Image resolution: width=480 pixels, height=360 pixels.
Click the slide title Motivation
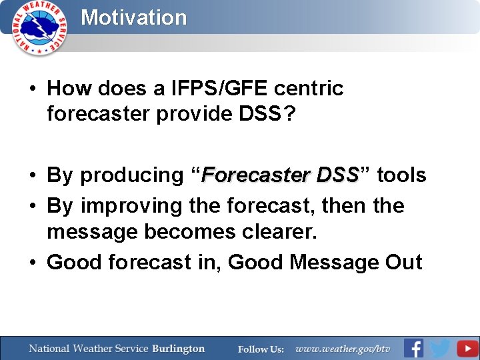[x=133, y=17]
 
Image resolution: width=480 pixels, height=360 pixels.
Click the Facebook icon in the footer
[x=413, y=348]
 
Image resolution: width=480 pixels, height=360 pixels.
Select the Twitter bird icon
[x=440, y=348]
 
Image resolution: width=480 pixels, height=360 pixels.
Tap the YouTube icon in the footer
[x=467, y=348]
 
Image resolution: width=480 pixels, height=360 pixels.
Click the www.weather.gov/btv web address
[x=342, y=349]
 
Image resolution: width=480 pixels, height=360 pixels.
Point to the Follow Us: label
[x=261, y=349]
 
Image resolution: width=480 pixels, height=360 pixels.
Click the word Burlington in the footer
[x=178, y=349]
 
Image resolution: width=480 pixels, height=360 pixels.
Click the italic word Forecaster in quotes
[x=256, y=175]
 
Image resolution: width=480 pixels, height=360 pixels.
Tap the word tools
[x=401, y=175]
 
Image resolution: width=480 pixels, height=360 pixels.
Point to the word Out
[x=403, y=262]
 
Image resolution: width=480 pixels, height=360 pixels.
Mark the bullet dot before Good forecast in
[x=33, y=263]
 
